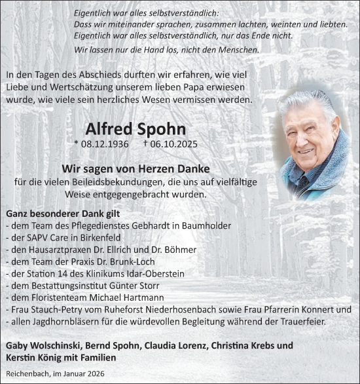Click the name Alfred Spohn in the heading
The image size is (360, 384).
point(135,129)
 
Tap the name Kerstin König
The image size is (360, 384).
point(33,357)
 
